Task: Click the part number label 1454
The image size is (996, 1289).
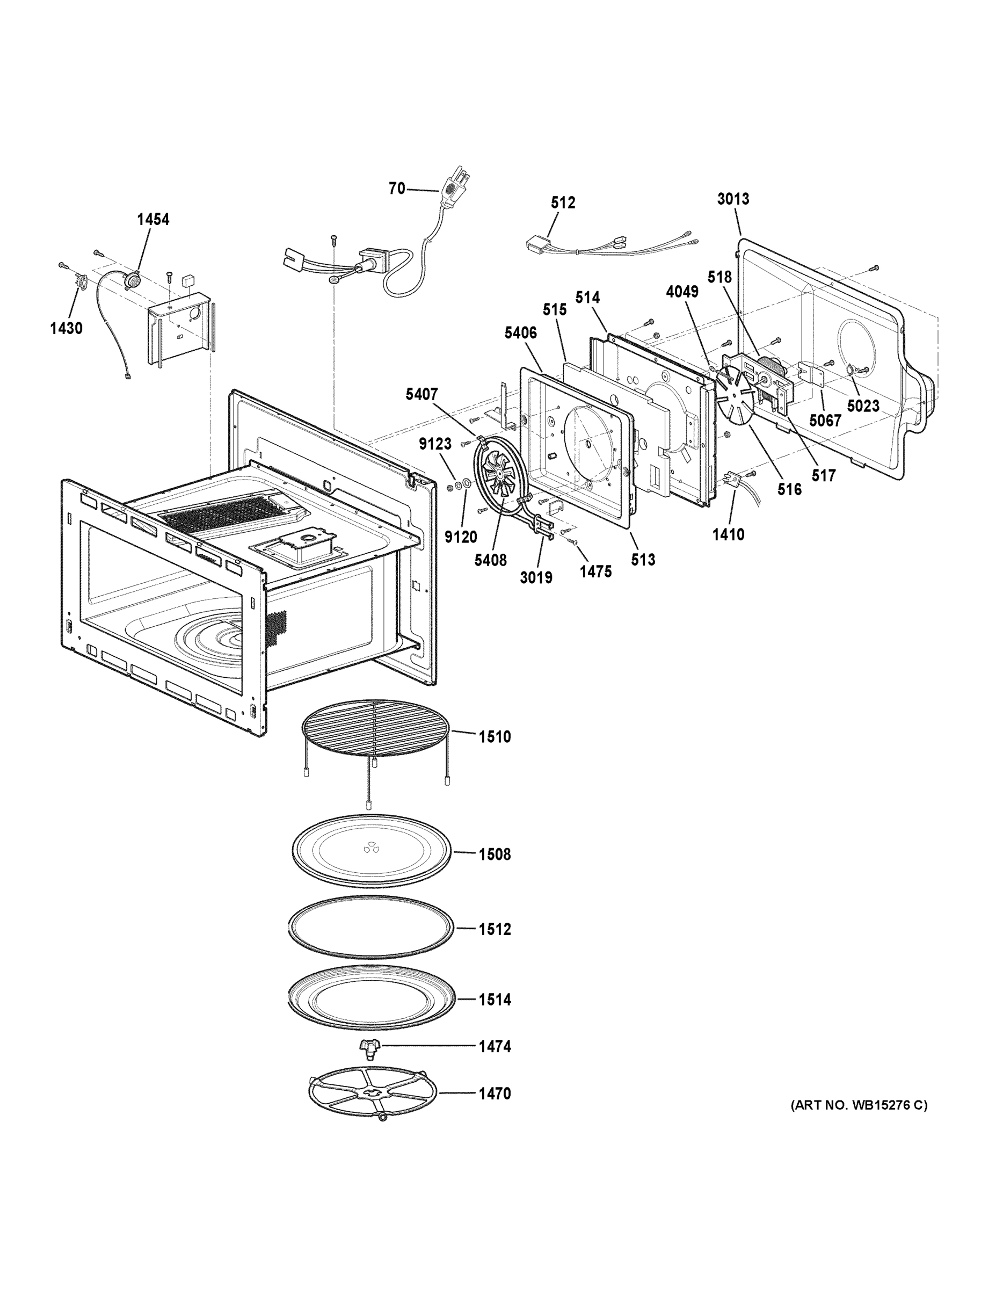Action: coord(153,220)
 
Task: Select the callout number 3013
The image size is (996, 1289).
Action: coord(733,199)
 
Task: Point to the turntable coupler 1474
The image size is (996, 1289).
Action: coord(370,1047)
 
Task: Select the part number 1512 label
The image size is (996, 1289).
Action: coord(495,930)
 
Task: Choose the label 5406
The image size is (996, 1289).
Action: coord(520,333)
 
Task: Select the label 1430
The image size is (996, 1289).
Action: coord(66,328)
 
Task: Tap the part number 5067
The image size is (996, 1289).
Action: coord(825,421)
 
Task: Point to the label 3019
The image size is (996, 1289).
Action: coord(536,577)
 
